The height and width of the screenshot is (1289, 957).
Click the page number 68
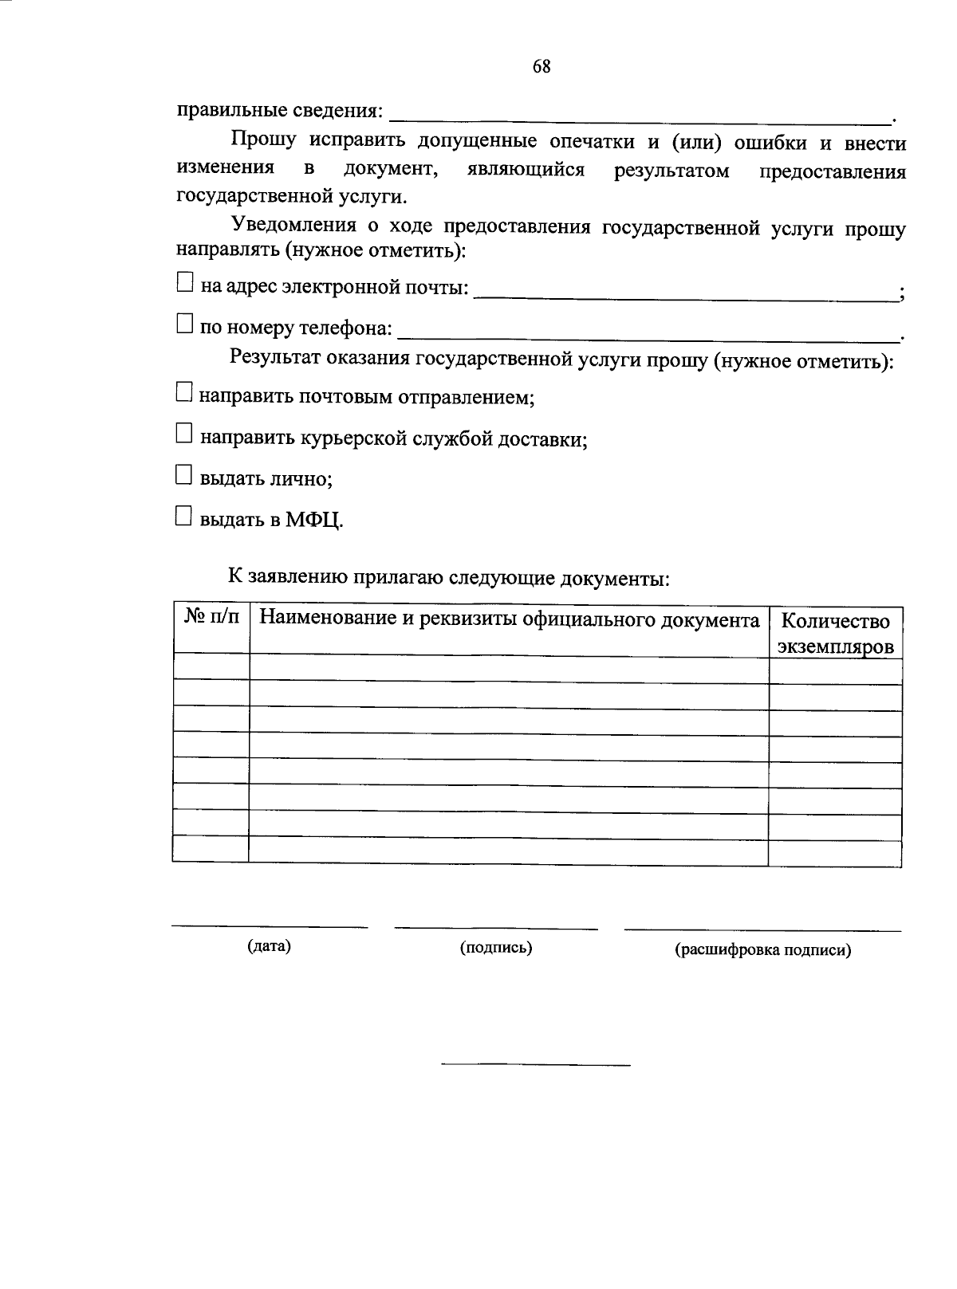[541, 67]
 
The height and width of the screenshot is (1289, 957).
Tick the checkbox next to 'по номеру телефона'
[185, 323]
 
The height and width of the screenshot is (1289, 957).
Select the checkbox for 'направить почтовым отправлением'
[184, 391]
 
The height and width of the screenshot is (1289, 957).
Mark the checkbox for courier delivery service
[184, 433]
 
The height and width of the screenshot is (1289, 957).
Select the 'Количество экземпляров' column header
[835, 633]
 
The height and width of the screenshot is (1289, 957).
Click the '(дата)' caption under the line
[269, 946]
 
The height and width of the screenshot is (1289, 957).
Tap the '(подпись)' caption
[496, 947]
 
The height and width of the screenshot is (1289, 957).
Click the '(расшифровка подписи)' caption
[762, 950]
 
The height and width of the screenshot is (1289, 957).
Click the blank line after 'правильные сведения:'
[638, 120]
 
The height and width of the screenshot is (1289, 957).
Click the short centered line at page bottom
[535, 1064]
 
